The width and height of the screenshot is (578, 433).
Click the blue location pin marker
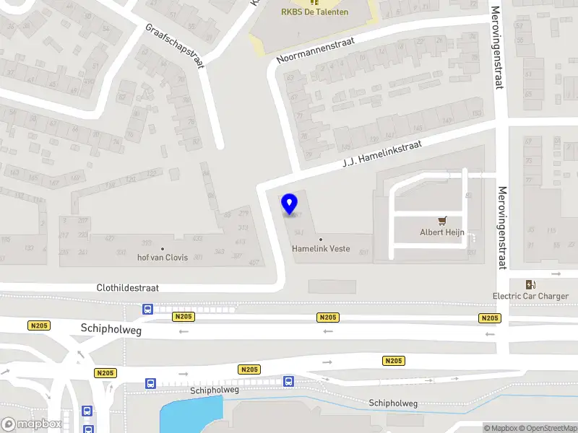[x=290, y=204]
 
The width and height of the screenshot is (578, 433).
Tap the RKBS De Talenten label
[x=314, y=12]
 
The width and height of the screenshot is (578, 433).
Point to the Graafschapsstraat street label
[x=176, y=45]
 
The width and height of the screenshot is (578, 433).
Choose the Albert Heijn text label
[x=442, y=232]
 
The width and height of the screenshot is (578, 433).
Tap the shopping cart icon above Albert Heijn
[x=442, y=221]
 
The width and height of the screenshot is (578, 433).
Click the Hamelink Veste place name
[x=321, y=249]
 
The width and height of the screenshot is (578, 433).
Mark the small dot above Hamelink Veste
[x=321, y=240]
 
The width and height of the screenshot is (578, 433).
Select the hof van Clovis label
[x=163, y=258]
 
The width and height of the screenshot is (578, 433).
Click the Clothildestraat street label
[x=128, y=287]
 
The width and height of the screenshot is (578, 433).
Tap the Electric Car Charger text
[x=530, y=296]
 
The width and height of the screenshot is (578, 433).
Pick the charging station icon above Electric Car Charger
[x=531, y=284]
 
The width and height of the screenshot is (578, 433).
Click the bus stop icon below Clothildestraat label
[x=148, y=310]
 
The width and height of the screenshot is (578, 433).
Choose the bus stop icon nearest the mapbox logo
[x=87, y=411]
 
